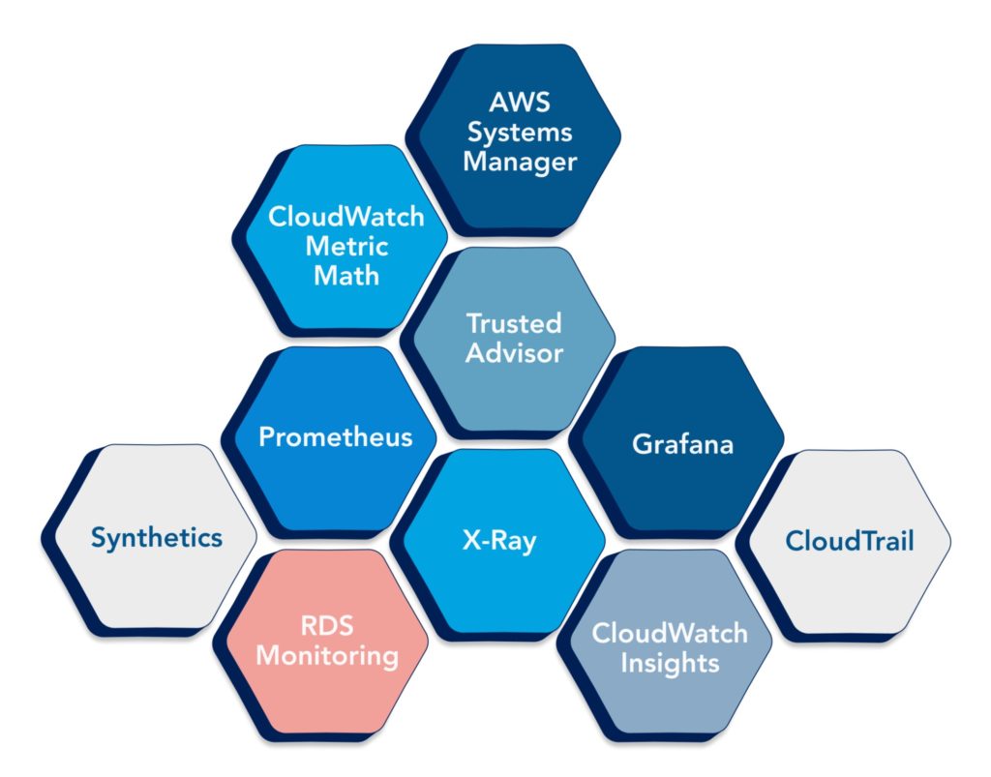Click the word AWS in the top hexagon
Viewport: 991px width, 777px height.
pyautogui.click(x=519, y=103)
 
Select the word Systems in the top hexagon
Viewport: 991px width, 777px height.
pyautogui.click(x=519, y=132)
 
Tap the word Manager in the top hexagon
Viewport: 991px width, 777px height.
pyautogui.click(x=519, y=161)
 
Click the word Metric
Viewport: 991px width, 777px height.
pyautogui.click(x=346, y=246)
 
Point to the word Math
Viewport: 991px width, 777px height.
pyautogui.click(x=346, y=275)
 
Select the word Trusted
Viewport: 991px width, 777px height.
pyautogui.click(x=514, y=322)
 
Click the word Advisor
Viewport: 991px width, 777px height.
pyautogui.click(x=514, y=352)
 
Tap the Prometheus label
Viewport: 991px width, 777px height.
pyautogui.click(x=335, y=436)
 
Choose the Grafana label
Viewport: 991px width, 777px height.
pyautogui.click(x=682, y=445)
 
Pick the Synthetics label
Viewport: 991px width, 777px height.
pyautogui.click(x=157, y=538)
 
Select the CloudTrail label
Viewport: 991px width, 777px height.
pyautogui.click(x=849, y=540)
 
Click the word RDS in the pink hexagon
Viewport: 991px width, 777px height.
pyautogui.click(x=327, y=626)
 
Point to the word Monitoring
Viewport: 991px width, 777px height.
pyautogui.click(x=327, y=656)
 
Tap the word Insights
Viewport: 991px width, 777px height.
pyautogui.click(x=670, y=664)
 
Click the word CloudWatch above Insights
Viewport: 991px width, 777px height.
pyautogui.click(x=670, y=634)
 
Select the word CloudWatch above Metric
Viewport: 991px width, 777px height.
pyautogui.click(x=346, y=217)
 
